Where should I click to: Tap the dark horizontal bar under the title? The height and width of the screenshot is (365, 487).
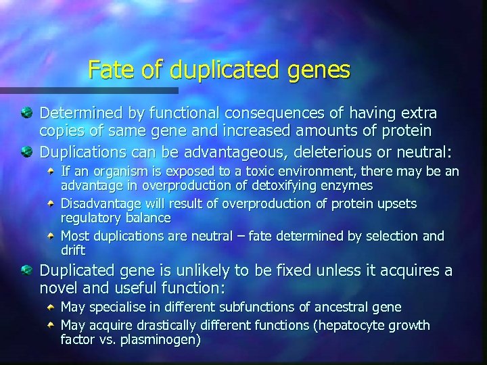pyautogui.click(x=89, y=90)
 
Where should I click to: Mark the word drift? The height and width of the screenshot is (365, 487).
pyautogui.click(x=73, y=250)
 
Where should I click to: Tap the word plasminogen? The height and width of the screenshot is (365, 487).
pyautogui.click(x=161, y=339)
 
